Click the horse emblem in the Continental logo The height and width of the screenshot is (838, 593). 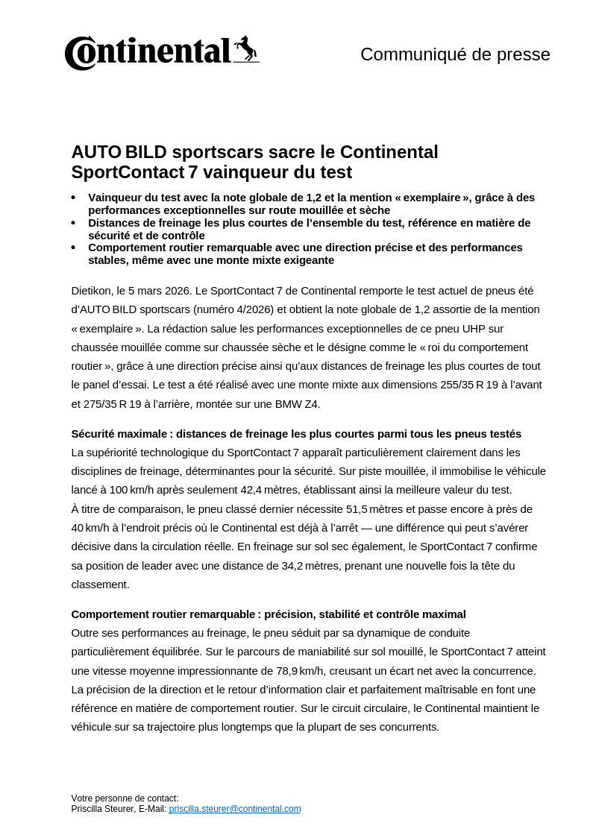[x=245, y=49]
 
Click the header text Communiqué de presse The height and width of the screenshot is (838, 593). [x=455, y=54]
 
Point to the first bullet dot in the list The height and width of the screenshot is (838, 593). [x=73, y=198]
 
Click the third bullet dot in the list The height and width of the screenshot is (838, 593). [x=73, y=248]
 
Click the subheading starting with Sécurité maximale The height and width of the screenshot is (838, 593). [x=296, y=434]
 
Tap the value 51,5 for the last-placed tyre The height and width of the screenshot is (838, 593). [x=357, y=509]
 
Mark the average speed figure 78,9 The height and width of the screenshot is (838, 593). [x=287, y=671]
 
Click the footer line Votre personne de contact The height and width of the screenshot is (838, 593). [x=125, y=798]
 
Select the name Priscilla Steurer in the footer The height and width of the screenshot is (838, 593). [x=103, y=809]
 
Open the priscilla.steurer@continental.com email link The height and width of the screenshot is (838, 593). [x=235, y=809]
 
